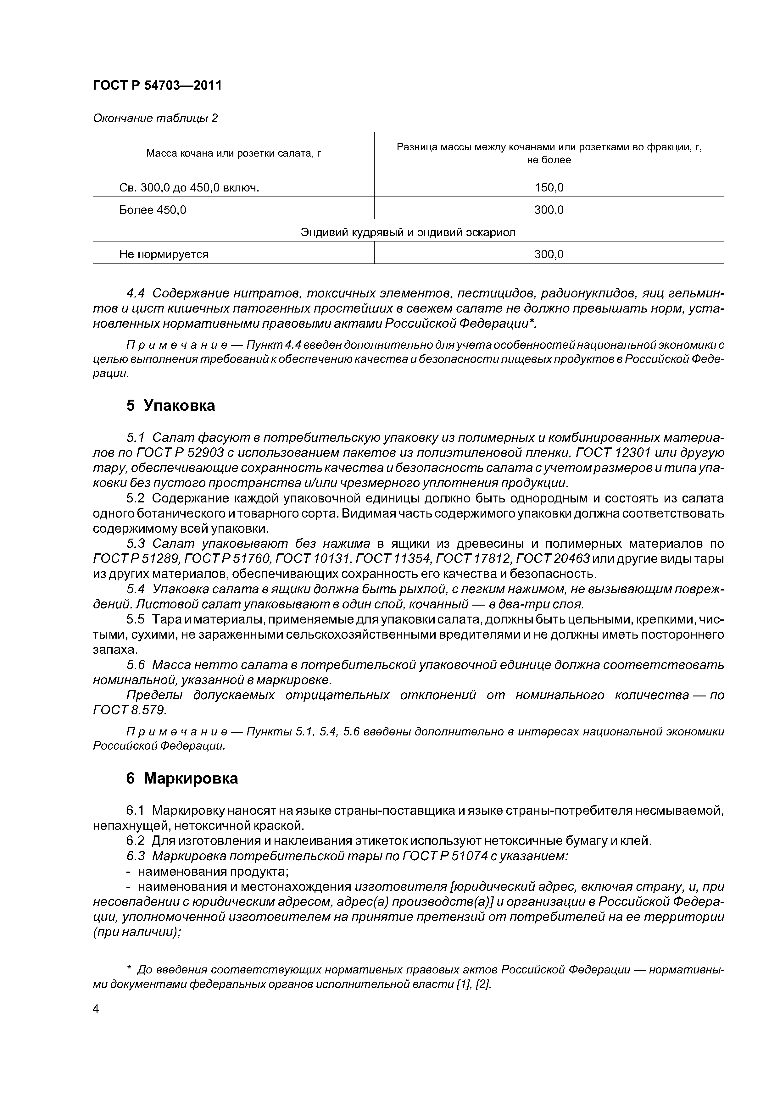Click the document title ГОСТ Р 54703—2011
[157, 86]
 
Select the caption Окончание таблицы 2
[155, 118]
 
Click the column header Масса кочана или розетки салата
[234, 153]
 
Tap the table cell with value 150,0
[549, 188]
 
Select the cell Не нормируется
[164, 254]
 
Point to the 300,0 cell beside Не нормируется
[549, 254]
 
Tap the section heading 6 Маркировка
[182, 778]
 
